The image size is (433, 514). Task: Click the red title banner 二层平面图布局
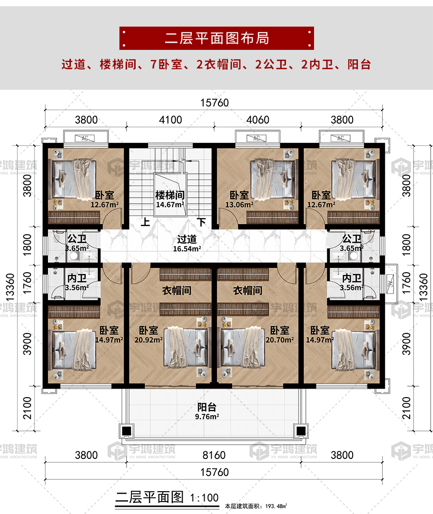tap(216, 38)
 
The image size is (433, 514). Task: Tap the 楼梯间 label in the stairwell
tap(170, 195)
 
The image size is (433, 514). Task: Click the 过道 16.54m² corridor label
tap(187, 244)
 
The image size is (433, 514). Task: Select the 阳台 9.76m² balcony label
tap(207, 411)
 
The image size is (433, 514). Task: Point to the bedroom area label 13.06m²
tap(239, 205)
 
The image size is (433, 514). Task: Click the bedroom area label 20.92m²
tap(148, 340)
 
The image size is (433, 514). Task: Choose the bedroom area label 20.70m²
tap(280, 340)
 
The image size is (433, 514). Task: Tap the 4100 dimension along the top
tap(170, 120)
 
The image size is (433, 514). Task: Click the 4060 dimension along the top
tap(258, 120)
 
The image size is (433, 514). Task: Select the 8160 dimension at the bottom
tap(214, 455)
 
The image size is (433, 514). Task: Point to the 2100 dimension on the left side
tap(27, 408)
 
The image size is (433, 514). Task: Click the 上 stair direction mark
tap(146, 222)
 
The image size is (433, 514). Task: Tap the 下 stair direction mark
tap(202, 222)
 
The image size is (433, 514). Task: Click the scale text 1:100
tap(204, 498)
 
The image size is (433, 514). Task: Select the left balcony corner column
tap(127, 430)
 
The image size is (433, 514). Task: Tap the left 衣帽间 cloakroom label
tap(177, 291)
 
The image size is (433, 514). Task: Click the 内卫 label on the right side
tap(352, 278)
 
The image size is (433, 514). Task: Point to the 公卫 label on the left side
tap(77, 238)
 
